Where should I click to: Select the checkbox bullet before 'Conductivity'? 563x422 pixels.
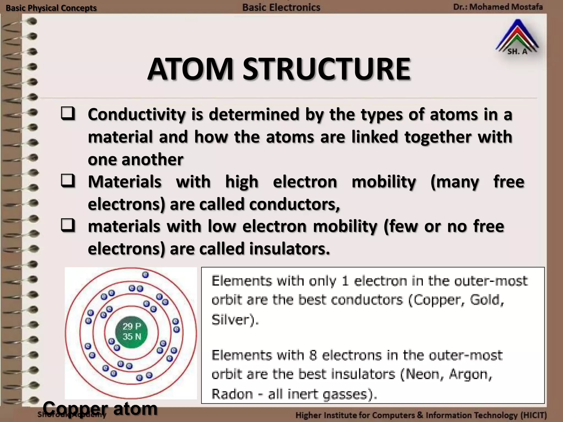click(x=68, y=114)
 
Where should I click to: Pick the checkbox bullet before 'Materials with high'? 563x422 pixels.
click(x=68, y=181)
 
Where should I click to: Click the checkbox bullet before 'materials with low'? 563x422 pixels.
click(x=68, y=226)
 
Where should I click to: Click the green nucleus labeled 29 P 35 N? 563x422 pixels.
click(x=132, y=332)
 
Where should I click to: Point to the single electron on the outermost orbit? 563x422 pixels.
click(x=145, y=274)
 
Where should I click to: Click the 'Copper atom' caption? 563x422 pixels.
click(x=100, y=409)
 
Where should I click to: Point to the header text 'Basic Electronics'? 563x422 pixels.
click(x=281, y=7)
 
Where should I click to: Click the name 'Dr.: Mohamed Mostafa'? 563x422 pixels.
click(x=498, y=7)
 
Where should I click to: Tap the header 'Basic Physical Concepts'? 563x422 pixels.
click(x=51, y=8)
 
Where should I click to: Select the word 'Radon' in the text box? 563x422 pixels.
click(x=232, y=394)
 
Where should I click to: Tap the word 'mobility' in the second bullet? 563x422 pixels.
click(x=384, y=182)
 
